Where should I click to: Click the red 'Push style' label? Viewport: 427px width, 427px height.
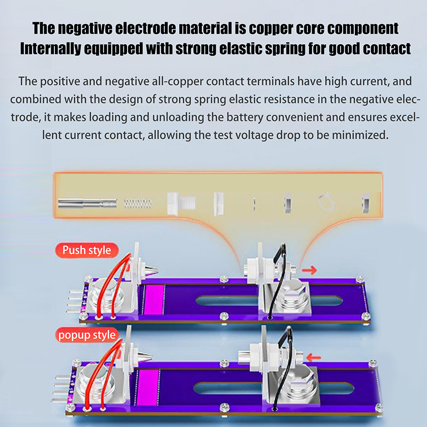point(86,249)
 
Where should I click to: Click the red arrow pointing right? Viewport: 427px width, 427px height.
point(309,270)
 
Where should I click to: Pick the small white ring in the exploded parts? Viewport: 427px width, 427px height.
point(325,202)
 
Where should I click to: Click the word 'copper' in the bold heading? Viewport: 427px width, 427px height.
point(277,28)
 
